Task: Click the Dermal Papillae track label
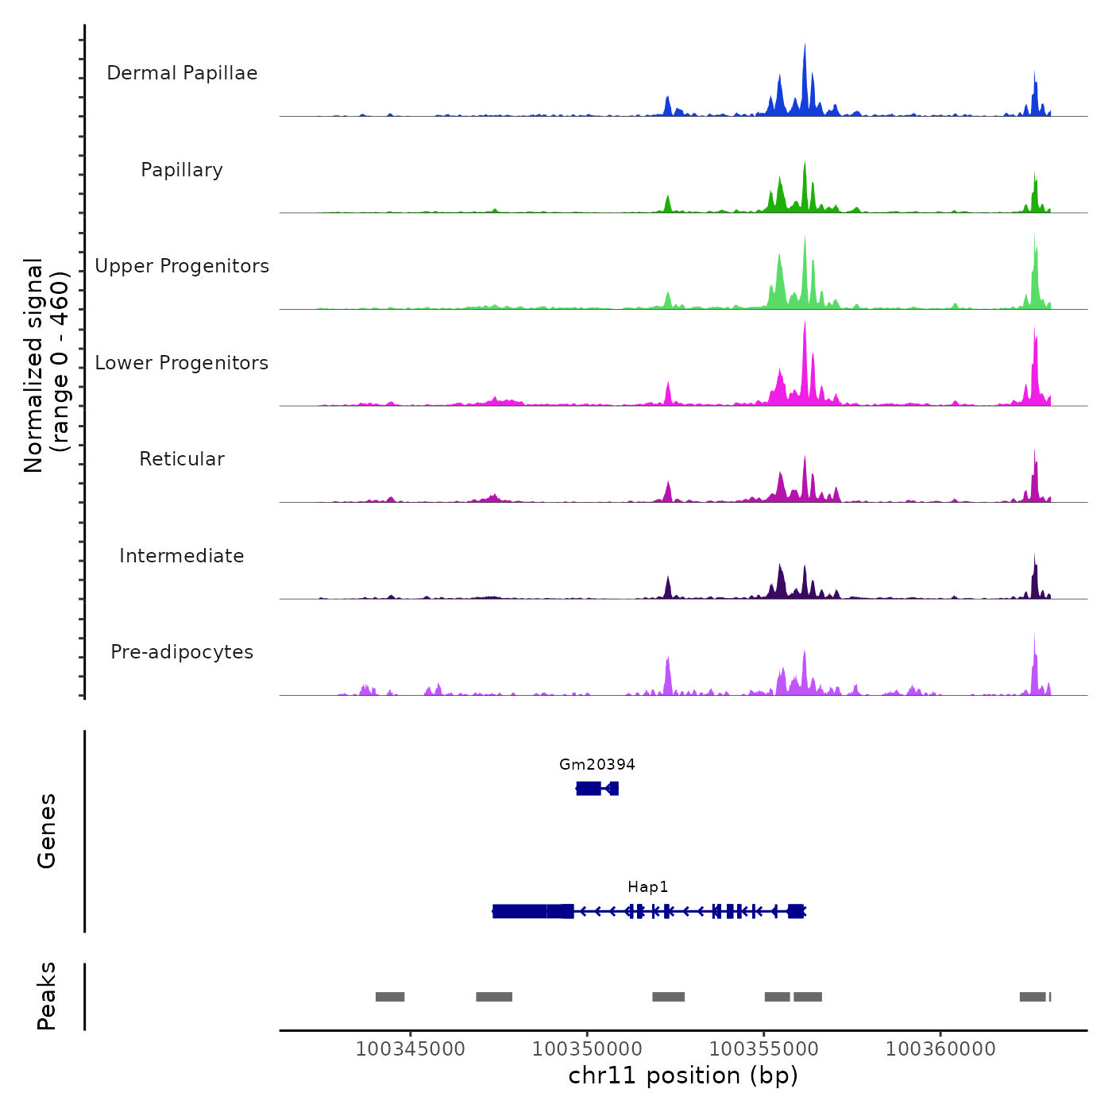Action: [182, 73]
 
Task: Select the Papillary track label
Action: [182, 170]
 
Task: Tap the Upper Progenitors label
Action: [182, 266]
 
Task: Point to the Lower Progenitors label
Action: [182, 363]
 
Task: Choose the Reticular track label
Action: [182, 459]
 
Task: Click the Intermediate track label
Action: [182, 556]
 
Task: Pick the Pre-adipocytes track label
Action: [182, 652]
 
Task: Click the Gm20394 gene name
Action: [597, 765]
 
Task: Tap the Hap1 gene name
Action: [648, 887]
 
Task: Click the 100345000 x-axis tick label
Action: [411, 1048]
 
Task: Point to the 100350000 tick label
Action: [588, 1048]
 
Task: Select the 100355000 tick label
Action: [764, 1048]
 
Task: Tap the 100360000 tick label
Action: [940, 1048]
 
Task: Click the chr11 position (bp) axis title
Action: [683, 1076]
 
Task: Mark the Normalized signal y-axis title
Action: [46, 365]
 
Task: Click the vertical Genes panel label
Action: [47, 831]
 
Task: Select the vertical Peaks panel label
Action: [47, 996]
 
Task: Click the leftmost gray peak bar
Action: [390, 997]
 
